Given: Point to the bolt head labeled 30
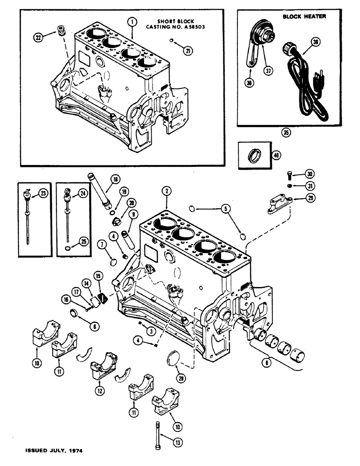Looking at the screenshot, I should click(289, 175).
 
